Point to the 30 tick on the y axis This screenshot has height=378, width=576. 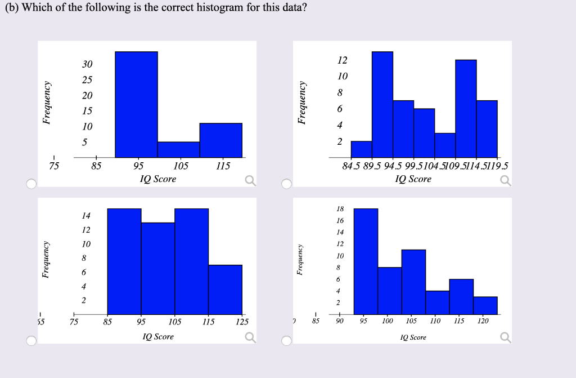point(87,65)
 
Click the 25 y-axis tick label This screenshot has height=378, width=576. point(87,80)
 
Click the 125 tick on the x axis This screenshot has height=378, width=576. point(242,322)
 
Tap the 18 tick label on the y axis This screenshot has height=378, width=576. point(340,209)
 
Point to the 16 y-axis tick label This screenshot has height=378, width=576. point(340,221)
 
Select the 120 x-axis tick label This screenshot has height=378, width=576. point(483,321)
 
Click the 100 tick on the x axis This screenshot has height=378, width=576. point(388,321)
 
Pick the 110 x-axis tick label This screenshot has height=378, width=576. point(435,321)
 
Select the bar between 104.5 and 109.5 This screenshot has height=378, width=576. point(445,145)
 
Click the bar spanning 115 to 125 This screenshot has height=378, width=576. point(225,289)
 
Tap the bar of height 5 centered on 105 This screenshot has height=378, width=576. point(178,150)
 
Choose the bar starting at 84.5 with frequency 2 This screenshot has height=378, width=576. point(361,149)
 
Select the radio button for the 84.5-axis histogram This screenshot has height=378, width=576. point(287,184)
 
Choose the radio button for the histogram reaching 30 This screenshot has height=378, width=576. point(31,184)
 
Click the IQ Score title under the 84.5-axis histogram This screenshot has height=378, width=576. point(413,179)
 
